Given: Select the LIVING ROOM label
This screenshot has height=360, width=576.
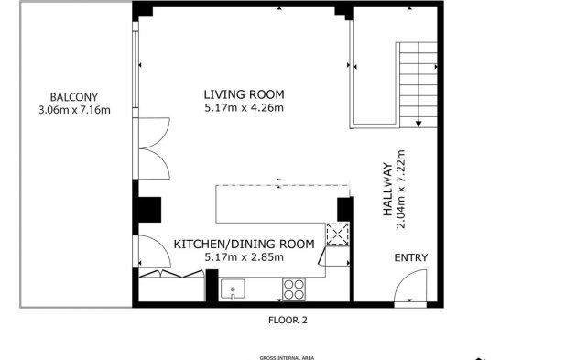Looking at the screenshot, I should [x=244, y=94].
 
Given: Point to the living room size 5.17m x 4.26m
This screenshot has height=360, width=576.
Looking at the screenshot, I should [x=244, y=108].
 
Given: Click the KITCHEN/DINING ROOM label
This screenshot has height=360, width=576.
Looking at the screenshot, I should [x=244, y=244].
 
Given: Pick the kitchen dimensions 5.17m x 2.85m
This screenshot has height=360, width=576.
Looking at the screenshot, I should [x=244, y=257].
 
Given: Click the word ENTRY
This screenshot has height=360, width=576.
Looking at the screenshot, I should [x=411, y=258].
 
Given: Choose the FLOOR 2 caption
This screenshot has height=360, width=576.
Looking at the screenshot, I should [x=287, y=321].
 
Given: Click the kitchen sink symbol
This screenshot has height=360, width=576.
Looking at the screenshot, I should [x=234, y=289].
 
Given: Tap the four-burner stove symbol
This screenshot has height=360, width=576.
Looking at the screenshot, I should [x=294, y=289].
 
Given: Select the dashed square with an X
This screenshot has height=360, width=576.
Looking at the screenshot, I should [x=339, y=235].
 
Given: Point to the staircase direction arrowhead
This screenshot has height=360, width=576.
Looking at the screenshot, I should [x=418, y=124].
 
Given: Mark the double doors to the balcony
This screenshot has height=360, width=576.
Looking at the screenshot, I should [x=153, y=147].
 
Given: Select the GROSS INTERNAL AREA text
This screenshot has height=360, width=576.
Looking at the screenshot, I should [x=287, y=357].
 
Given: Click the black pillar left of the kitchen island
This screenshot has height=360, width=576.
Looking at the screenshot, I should [x=147, y=209].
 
